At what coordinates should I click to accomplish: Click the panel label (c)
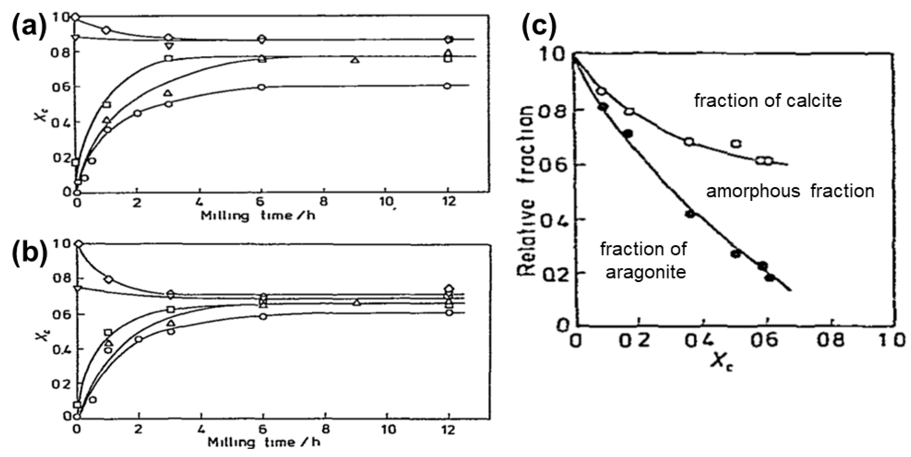539,24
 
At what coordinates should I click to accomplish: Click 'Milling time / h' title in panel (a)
257,215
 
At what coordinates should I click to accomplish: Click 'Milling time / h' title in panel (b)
264,442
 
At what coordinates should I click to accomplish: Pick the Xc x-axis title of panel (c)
721,362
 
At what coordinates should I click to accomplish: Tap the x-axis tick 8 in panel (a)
323,202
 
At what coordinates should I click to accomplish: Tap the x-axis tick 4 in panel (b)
201,429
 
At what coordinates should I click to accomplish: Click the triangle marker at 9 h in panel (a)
355,60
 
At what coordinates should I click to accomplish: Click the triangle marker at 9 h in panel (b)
357,302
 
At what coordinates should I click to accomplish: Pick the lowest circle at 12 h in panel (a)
447,86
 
